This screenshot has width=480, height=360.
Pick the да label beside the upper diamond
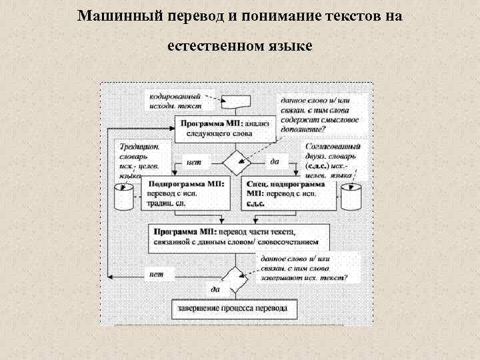click(274, 161)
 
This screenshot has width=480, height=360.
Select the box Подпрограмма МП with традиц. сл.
click(186, 193)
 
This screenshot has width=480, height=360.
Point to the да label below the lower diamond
click(215, 290)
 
